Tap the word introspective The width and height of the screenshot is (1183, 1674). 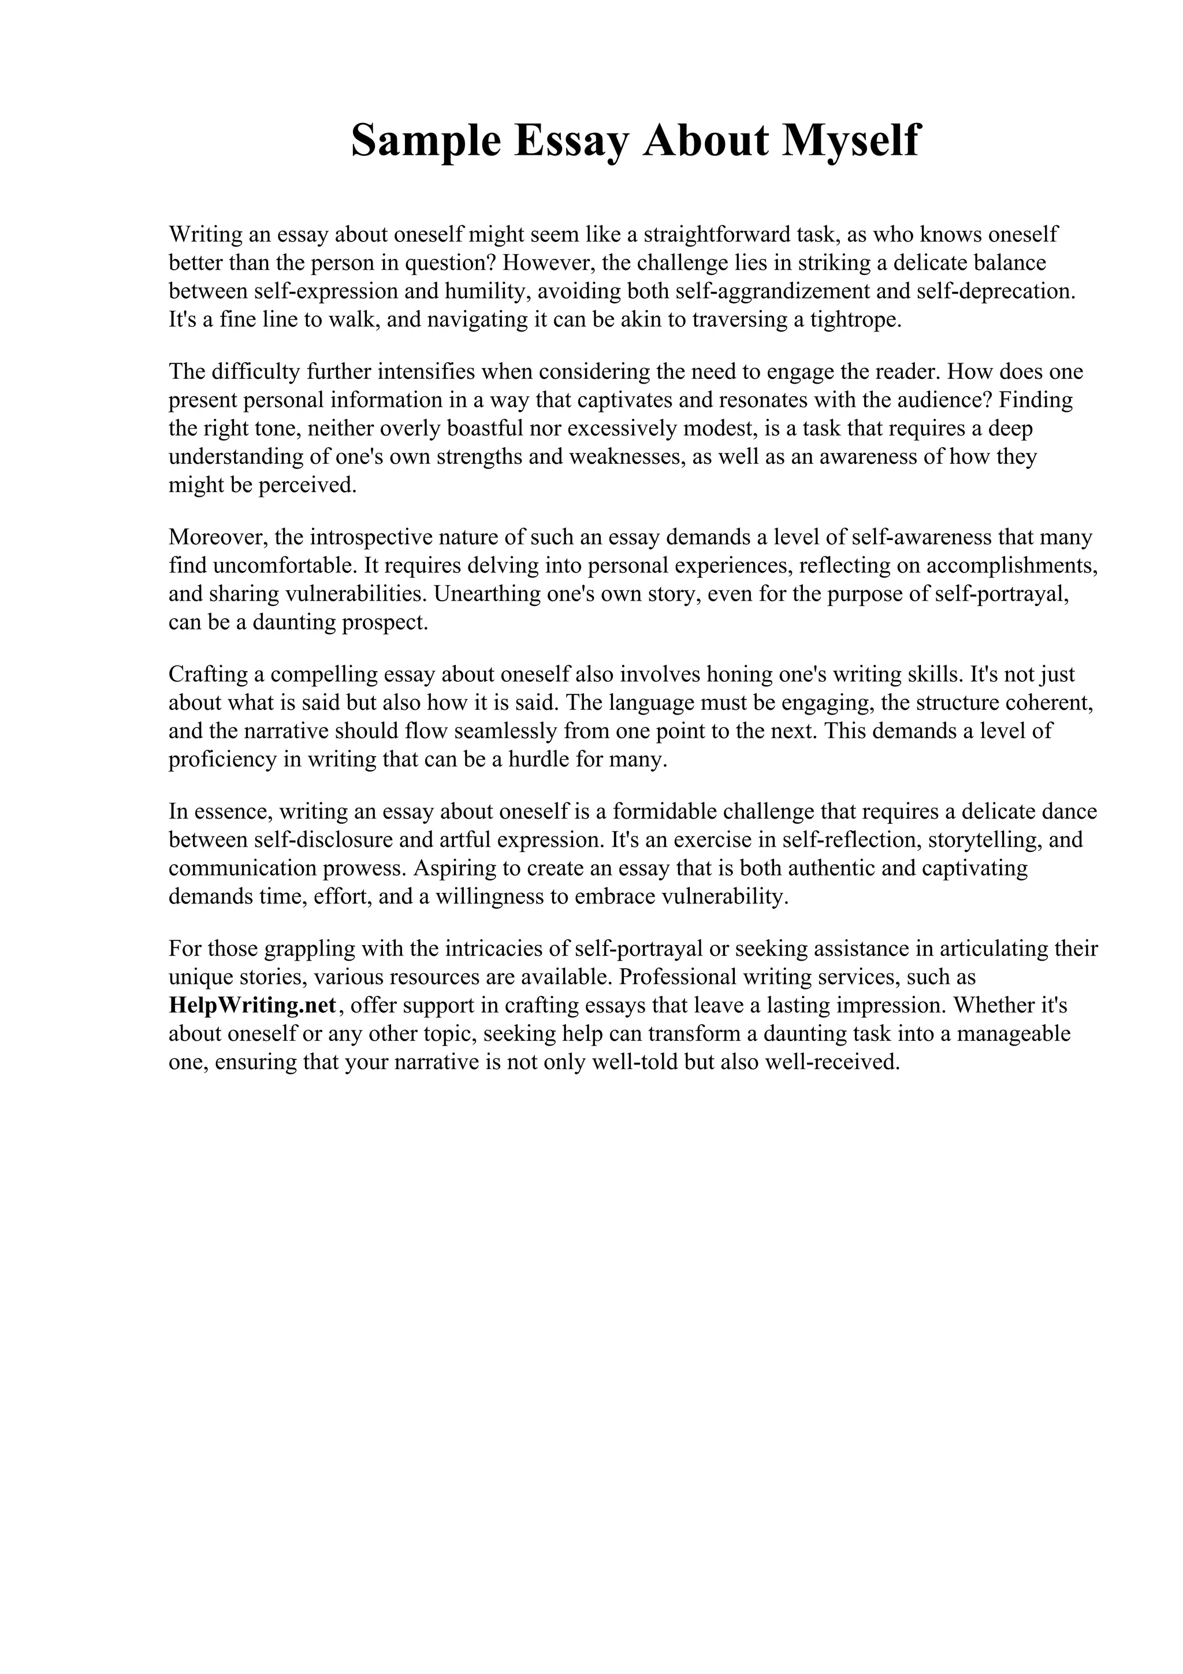[370, 537]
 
